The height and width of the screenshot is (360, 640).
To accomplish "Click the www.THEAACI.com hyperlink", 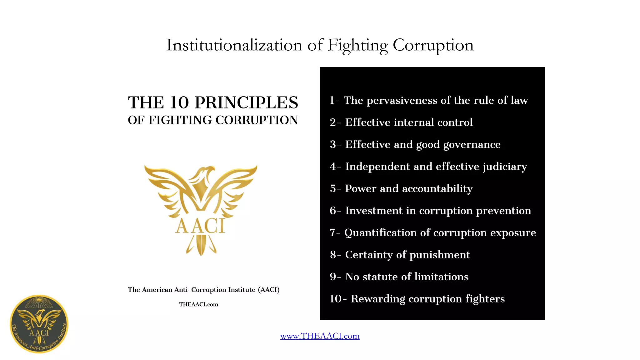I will point(320,336).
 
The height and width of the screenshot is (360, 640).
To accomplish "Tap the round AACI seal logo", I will point(39,324).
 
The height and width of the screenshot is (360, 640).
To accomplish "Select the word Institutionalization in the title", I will point(234,45).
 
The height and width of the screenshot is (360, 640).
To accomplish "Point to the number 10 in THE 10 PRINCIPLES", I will point(179,103).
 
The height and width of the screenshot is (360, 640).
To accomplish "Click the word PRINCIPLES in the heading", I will point(246,103).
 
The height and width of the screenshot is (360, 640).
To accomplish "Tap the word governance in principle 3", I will point(472,144).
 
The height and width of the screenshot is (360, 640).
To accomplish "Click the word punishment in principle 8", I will point(439,255).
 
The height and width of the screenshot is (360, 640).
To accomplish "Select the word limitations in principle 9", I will point(441,277).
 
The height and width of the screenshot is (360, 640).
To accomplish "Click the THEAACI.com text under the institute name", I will point(198,304).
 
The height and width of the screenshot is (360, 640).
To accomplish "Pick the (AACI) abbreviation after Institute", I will point(269,290).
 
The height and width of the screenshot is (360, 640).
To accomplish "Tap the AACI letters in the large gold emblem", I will point(200,226).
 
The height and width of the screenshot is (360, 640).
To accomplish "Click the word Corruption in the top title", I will point(433,45).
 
